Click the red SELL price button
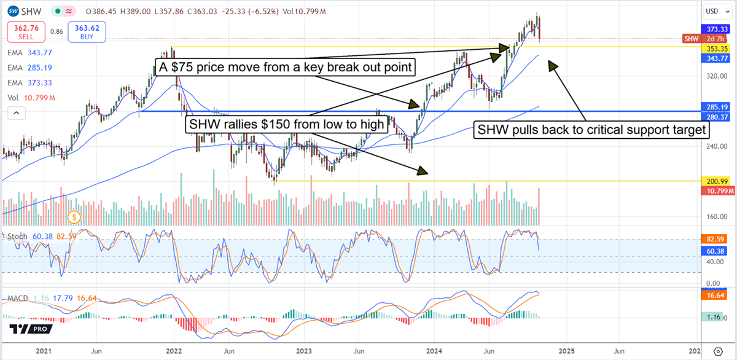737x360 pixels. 25,31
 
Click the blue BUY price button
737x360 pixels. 88,31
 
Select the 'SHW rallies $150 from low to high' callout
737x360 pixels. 286,125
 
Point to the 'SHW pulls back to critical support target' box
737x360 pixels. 593,130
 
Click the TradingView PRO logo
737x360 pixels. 29,329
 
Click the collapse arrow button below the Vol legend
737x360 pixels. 17,112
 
